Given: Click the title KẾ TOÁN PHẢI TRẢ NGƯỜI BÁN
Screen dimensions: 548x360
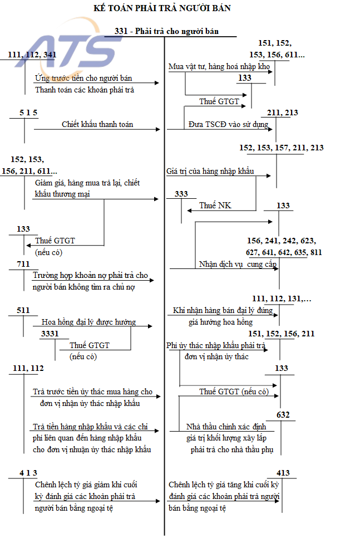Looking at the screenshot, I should [162, 8].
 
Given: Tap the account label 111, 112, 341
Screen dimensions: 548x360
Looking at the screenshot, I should [32, 55].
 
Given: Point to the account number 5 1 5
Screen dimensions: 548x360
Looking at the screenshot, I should [28, 113].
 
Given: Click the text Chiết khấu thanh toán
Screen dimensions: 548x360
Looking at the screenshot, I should [97, 124].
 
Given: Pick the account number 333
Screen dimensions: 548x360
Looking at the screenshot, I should [181, 194].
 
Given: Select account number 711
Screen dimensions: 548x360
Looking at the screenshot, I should [23, 264].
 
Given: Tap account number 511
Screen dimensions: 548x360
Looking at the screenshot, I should [23, 310].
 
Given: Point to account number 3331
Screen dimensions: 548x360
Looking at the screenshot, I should [50, 334].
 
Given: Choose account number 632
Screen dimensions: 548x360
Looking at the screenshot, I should [283, 415].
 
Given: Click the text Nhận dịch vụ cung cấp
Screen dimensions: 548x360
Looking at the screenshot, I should [238, 265].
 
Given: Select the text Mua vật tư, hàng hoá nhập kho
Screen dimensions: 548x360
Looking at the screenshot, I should [219, 67].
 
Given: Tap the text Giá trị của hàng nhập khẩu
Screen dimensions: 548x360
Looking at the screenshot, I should [210, 171].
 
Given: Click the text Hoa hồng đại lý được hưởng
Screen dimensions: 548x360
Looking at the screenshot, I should [89, 322].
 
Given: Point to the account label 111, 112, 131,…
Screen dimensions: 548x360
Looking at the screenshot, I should [282, 299].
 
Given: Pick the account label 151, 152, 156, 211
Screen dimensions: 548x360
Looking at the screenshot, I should [282, 334].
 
